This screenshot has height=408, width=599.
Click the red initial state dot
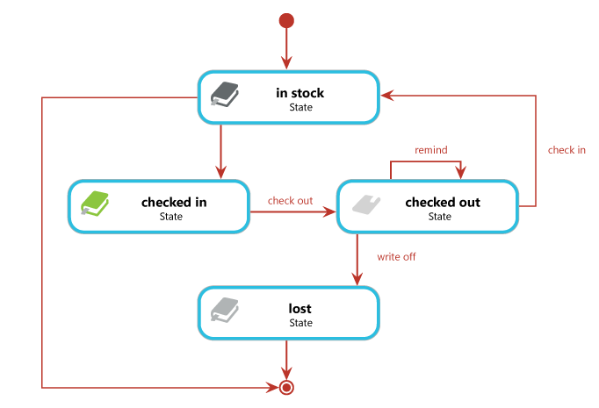[286, 20]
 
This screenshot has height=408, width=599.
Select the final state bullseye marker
[286, 387]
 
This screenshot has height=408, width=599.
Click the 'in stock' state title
[300, 93]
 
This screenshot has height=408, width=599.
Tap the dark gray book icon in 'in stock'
[225, 94]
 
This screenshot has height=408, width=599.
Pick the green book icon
[94, 204]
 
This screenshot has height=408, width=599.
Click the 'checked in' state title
[174, 203]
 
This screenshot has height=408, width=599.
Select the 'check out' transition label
[291, 201]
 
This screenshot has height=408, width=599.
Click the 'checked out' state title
[442, 203]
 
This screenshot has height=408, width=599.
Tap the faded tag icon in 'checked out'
[366, 204]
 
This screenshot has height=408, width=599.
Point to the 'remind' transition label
[431, 150]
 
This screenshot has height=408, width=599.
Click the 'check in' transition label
[567, 150]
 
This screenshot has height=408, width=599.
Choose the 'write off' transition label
[396, 257]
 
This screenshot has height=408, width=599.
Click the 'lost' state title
[300, 309]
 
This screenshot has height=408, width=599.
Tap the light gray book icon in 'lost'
[225, 310]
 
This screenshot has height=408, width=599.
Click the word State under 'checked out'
[440, 217]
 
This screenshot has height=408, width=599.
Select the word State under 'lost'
[300, 323]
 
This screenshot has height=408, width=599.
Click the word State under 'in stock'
[300, 107]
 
